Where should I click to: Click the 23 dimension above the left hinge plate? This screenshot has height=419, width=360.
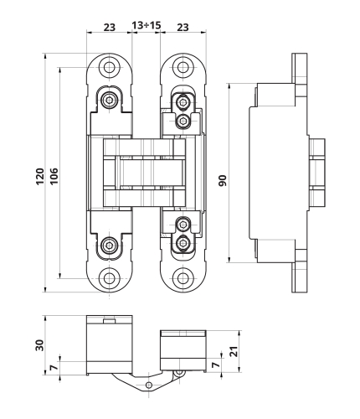click(109, 28)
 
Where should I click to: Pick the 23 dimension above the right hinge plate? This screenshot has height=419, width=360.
click(183, 28)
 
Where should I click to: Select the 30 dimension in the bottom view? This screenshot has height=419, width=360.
click(39, 345)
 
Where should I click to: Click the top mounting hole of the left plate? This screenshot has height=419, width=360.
click(108, 68)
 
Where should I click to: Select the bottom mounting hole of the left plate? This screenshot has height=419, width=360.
click(108, 278)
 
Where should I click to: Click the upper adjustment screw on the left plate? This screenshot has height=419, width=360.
click(110, 101)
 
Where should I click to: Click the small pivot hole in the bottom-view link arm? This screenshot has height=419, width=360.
click(148, 385)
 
